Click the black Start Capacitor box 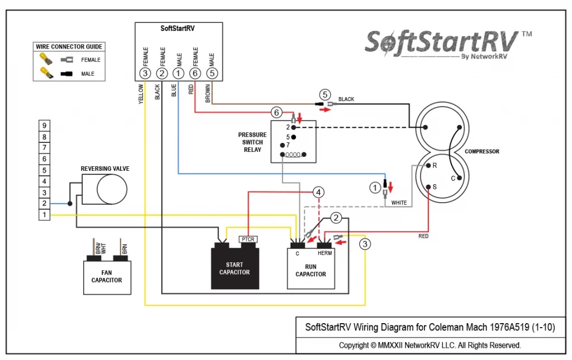click(x=235, y=268)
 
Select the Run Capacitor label click(x=311, y=270)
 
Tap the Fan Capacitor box click(x=107, y=277)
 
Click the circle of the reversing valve click(x=112, y=189)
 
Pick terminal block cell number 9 click(x=45, y=126)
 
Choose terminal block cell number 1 click(x=45, y=215)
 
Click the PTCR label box click(x=248, y=239)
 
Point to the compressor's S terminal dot click(x=428, y=187)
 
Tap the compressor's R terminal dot click(x=428, y=165)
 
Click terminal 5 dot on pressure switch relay click(x=294, y=137)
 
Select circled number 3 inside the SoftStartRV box click(x=145, y=73)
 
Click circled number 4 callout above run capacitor click(x=318, y=192)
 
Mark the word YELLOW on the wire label click(x=141, y=94)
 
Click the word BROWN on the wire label click(x=208, y=93)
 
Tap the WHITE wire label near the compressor click(x=399, y=203)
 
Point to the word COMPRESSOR click(x=482, y=151)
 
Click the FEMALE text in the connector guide click(x=90, y=60)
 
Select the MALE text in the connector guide click(x=88, y=74)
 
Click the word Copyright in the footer click(x=354, y=345)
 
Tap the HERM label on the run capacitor click(x=325, y=253)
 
